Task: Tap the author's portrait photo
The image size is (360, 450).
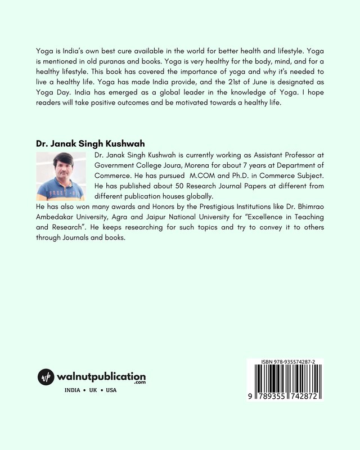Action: tap(60, 177)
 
